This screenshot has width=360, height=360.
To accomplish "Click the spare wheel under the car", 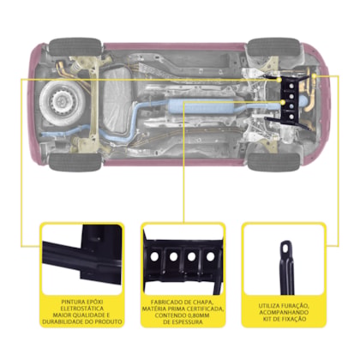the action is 63,101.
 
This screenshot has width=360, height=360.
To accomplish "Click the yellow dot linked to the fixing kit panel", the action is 314,76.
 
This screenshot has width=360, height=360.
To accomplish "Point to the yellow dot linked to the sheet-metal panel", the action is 283,102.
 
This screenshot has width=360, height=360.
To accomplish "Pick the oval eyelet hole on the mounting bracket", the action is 285,249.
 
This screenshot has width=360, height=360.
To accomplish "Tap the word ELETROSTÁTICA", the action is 82,309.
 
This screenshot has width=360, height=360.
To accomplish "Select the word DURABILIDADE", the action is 62,321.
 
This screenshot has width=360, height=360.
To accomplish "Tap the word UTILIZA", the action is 269,306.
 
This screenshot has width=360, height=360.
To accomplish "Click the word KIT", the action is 267,319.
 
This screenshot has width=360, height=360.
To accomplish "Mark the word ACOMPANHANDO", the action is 284,312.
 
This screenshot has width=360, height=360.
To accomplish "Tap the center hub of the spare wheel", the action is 61,100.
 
